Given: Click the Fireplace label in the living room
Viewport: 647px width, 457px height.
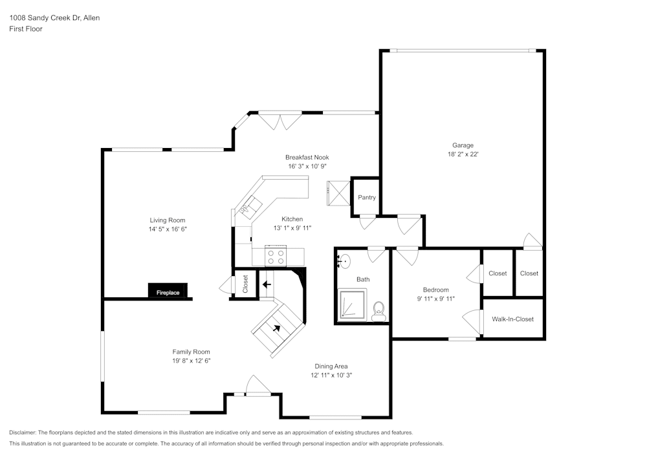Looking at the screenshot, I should point(168,293).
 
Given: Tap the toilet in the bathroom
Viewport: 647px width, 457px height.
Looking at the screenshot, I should point(378,309).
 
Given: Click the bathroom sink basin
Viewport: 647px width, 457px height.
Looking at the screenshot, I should point(345,261).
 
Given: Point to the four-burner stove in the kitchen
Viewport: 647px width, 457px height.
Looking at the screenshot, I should point(276,256).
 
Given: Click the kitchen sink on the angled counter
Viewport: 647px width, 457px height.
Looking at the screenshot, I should point(249,207).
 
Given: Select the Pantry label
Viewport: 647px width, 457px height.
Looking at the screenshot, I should point(367,197).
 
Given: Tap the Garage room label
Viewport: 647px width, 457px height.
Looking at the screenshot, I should point(463,145).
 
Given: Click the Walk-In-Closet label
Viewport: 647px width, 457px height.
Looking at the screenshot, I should point(512,319).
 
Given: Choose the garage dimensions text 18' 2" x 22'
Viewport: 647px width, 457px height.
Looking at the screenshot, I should point(463,154).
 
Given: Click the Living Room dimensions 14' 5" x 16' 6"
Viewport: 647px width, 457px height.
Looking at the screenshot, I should point(168,229).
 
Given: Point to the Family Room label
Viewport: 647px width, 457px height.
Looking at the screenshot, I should point(191,352).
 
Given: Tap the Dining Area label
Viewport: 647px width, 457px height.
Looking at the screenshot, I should point(331,366).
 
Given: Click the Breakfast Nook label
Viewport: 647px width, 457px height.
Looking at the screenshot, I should point(307,157).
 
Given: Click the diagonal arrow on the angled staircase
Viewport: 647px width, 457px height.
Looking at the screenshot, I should point(278,328).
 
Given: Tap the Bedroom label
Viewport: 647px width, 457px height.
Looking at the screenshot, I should point(435,290).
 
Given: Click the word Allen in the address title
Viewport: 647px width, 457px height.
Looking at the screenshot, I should point(91,18).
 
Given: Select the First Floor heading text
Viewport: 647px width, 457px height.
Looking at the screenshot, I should point(26,29).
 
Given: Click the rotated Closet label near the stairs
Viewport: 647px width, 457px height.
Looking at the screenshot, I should point(245,283).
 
